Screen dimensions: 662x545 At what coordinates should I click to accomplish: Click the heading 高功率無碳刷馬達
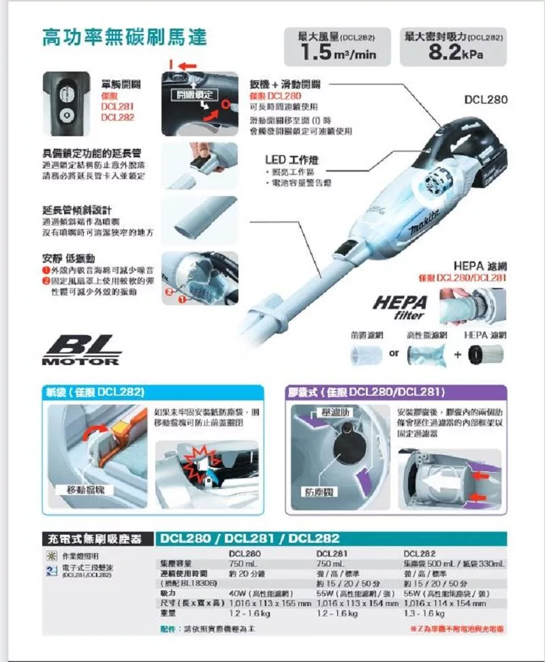(124, 37)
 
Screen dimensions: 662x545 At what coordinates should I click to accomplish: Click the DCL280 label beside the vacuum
(486, 99)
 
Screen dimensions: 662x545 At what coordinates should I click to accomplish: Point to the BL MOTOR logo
(82, 351)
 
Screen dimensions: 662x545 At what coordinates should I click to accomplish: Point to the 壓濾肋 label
(334, 413)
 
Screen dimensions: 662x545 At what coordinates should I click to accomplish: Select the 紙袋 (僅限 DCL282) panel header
(95, 392)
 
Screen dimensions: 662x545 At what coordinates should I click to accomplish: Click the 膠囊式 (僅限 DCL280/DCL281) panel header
(367, 392)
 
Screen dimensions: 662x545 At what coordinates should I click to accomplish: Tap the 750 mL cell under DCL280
(243, 564)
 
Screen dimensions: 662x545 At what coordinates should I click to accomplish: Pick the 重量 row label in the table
(167, 613)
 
